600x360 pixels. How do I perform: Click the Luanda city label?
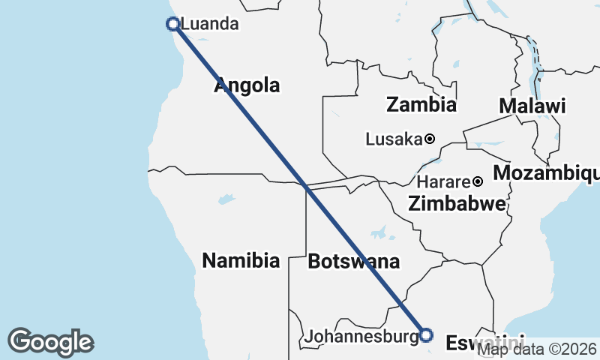[x=210, y=24]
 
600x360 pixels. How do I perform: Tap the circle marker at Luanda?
[x=173, y=24]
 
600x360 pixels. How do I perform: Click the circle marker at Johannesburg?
[x=426, y=334]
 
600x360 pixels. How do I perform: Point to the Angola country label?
[x=247, y=85]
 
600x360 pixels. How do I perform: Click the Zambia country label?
[x=421, y=104]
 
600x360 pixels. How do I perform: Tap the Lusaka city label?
[x=394, y=139]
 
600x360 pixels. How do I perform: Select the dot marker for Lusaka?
[x=430, y=139]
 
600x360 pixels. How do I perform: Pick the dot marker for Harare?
[x=477, y=181]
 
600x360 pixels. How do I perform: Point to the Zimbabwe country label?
[x=457, y=202]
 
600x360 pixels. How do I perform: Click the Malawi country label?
[x=532, y=106]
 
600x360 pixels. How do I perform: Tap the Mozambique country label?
[x=546, y=173]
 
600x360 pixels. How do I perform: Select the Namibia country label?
[x=241, y=261]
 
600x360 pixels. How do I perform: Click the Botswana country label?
[x=353, y=262]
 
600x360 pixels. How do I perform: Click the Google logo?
[x=50, y=342]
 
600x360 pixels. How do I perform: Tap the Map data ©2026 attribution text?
[x=537, y=349]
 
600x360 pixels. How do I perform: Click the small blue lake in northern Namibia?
[x=223, y=200]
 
